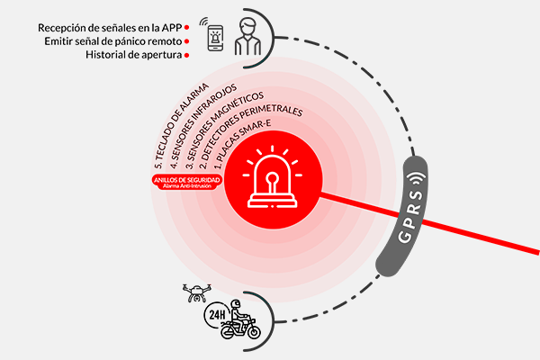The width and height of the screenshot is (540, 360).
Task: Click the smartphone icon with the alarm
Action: point(215,38)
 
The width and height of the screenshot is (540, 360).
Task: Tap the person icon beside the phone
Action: point(247,37)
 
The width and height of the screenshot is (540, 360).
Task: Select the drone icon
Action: point(196,292)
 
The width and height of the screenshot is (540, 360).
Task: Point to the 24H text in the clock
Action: point(217,314)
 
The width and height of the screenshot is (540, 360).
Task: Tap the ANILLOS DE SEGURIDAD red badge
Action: point(187,182)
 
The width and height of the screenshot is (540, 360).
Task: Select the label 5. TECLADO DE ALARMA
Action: point(181,126)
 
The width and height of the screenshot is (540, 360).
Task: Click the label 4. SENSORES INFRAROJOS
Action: point(203,126)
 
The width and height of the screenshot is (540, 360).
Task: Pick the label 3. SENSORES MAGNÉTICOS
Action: point(224,130)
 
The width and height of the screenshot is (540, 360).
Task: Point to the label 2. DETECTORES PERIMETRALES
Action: point(251,135)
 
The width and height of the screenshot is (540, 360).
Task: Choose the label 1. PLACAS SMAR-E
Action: point(242,144)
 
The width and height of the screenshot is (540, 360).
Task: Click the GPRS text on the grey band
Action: point(411,214)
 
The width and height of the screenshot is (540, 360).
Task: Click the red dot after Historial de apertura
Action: point(186,55)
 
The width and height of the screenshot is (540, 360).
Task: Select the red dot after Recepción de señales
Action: point(186,27)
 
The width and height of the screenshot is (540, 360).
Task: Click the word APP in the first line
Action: point(172,28)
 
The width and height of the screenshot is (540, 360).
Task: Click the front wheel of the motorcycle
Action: point(254,332)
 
